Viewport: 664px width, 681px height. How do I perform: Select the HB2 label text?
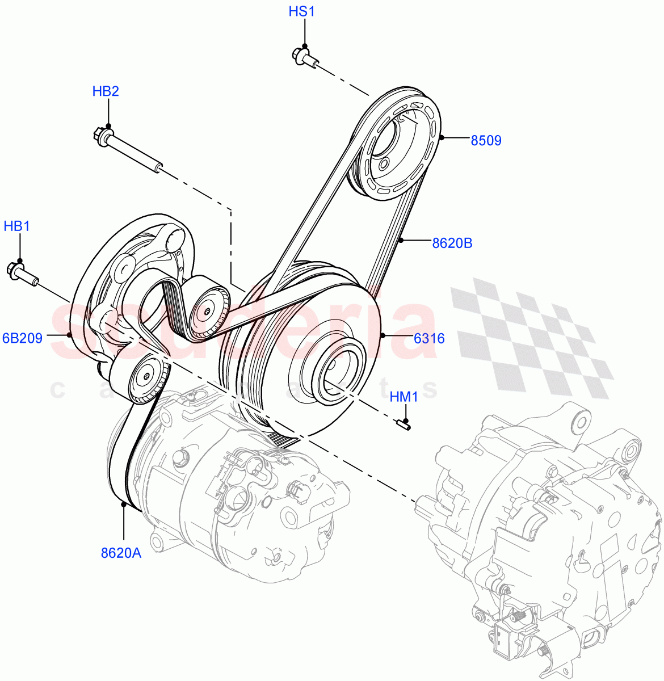[x=106, y=91]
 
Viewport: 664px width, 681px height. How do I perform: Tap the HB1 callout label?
[x=16, y=226]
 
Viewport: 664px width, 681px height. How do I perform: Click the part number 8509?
[x=486, y=140]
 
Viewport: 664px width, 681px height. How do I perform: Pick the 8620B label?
[x=452, y=243]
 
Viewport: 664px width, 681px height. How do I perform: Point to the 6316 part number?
[x=428, y=339]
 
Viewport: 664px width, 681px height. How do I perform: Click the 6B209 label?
[x=22, y=339]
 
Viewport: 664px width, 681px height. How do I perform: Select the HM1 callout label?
[x=404, y=397]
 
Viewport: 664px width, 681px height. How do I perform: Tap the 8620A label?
[x=121, y=553]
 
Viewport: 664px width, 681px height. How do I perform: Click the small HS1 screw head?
[x=300, y=55]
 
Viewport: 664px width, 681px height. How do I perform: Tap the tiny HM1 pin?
[x=404, y=423]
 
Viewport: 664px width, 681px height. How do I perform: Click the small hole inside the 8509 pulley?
[x=384, y=165]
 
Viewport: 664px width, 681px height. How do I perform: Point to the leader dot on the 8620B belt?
[x=400, y=241]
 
